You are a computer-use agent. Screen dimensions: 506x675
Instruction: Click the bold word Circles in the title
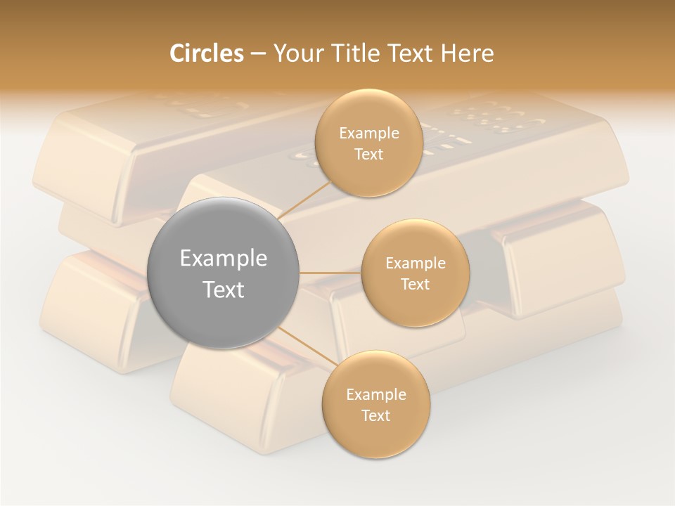coord(206,53)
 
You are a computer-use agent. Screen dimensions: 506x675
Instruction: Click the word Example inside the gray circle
coord(224,259)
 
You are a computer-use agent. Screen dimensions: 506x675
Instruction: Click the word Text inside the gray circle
coord(224,290)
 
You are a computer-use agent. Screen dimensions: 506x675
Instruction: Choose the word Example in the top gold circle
coord(369,134)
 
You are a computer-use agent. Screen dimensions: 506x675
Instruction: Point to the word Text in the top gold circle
coord(368,155)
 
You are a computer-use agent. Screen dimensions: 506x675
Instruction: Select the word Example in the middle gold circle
coord(416,264)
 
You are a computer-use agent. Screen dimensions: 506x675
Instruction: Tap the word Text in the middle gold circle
coord(415,285)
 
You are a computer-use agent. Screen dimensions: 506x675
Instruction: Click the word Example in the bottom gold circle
coord(376,395)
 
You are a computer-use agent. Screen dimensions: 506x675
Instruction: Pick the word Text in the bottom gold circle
coord(375,416)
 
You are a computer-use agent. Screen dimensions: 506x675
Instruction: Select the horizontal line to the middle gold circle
coord(330,273)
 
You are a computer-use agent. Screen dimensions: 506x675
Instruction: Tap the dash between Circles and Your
coord(258,54)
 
